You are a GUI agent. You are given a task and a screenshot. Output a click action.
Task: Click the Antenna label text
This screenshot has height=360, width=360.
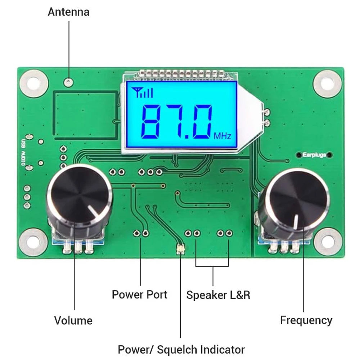click(68, 12)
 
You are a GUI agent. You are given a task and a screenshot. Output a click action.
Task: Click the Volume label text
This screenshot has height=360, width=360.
click(73, 320)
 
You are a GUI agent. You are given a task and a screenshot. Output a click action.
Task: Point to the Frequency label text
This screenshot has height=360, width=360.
click(306, 320)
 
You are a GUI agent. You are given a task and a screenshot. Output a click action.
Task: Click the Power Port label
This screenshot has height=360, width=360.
click(140, 294)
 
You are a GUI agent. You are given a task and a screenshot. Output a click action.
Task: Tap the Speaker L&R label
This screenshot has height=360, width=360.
click(218, 295)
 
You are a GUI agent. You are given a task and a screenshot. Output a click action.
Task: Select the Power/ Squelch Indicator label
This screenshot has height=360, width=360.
click(181, 349)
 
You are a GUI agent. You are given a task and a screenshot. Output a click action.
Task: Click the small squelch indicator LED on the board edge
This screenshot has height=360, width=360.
click(180, 249)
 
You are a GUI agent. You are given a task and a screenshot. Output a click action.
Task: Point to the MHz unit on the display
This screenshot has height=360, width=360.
click(222, 136)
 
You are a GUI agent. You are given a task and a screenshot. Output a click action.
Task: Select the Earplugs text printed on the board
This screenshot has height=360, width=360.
click(314, 155)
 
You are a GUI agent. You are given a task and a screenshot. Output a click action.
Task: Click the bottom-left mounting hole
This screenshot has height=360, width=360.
click(33, 242)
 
